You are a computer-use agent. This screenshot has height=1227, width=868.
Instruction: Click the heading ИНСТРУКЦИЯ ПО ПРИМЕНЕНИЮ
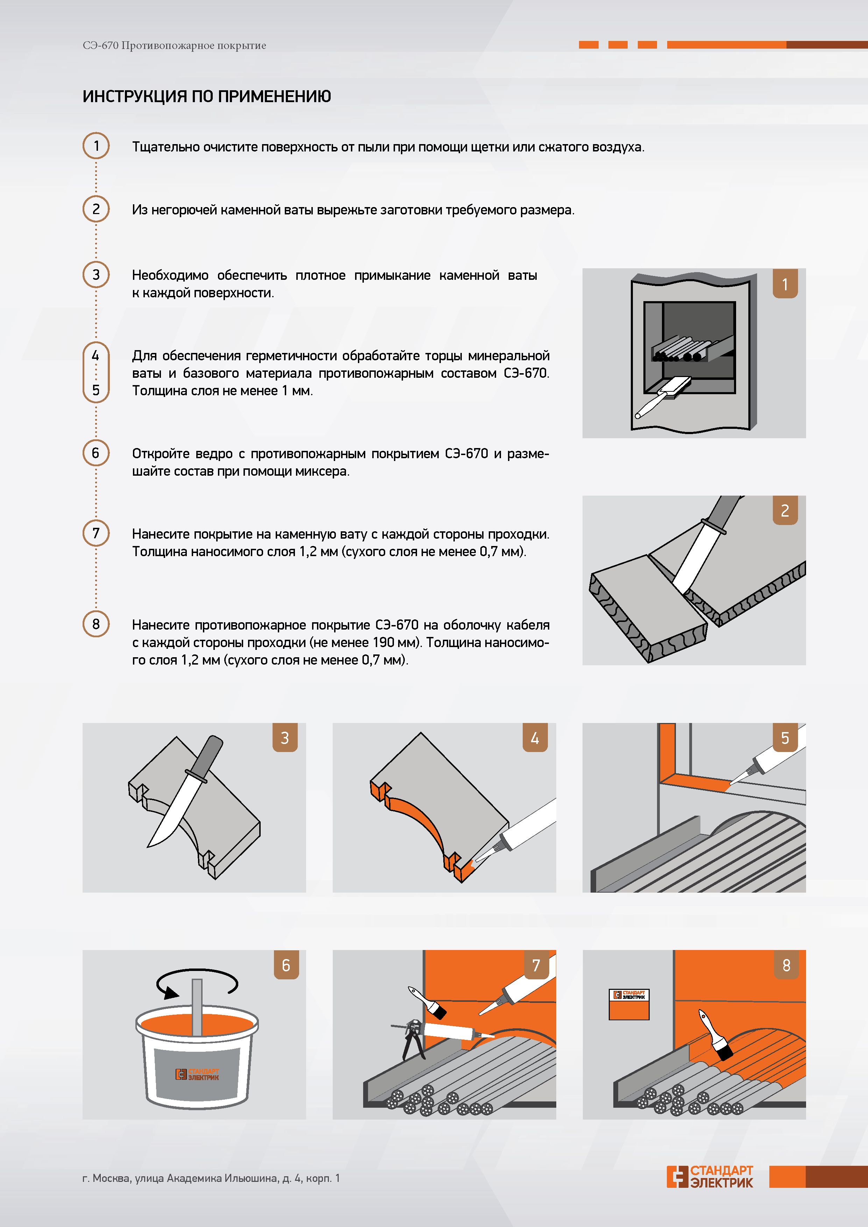207,96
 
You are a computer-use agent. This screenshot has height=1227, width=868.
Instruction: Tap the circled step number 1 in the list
96,146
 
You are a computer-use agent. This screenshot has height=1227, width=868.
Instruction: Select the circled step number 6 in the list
96,453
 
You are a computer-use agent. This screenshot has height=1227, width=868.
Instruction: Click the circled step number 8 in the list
96,624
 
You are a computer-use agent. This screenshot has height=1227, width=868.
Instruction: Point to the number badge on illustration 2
785,510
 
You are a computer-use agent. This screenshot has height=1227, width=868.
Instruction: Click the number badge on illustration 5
785,737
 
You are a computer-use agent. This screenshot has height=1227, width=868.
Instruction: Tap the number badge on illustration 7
536,965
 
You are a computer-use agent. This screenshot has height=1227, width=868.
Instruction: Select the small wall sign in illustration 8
629,1004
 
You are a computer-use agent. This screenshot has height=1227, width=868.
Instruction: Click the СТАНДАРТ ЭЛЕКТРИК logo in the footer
710,1177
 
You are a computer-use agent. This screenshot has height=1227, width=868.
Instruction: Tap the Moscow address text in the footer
211,1178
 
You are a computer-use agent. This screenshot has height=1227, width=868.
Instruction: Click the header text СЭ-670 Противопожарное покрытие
174,45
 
